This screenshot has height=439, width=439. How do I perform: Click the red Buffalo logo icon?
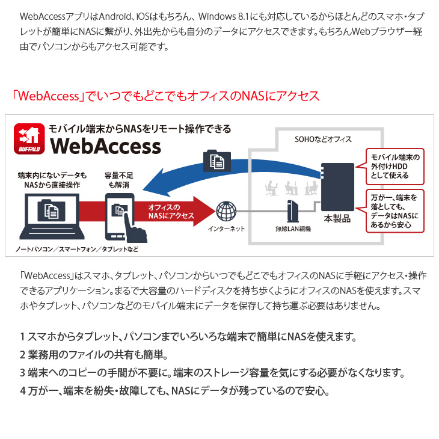(x=29, y=139)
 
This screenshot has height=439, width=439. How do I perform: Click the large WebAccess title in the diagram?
(x=106, y=146)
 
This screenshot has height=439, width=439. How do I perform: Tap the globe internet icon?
(x=226, y=212)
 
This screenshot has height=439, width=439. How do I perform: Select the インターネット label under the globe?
(x=226, y=229)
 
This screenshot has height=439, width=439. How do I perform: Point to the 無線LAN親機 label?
(x=293, y=229)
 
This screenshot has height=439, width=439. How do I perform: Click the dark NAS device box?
(x=337, y=187)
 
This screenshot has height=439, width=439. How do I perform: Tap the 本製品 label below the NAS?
(x=337, y=219)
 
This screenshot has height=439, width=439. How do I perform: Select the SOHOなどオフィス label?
(x=323, y=139)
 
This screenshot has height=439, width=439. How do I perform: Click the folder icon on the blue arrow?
(x=217, y=161)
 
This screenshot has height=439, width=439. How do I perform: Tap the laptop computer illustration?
(x=52, y=216)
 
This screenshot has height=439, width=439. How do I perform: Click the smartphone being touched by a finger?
(x=120, y=216)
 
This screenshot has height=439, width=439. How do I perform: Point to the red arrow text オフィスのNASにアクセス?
(x=171, y=211)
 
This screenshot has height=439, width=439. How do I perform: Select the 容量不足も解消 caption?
(x=119, y=180)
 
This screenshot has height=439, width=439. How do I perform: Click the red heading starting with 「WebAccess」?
(x=165, y=96)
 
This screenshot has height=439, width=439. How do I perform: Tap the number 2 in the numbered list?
(x=23, y=355)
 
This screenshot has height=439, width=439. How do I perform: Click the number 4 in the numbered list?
(x=23, y=391)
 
